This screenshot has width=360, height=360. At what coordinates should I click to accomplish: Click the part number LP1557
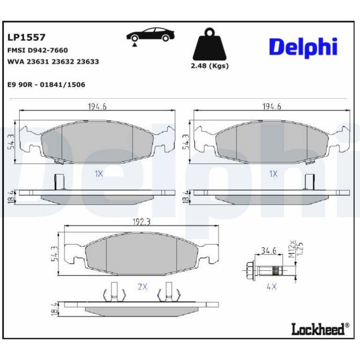[x=26, y=37]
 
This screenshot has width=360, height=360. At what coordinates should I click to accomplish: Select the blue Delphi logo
[x=303, y=48]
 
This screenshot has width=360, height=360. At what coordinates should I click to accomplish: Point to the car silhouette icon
[x=151, y=35]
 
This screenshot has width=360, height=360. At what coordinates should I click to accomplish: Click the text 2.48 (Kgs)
[x=209, y=66]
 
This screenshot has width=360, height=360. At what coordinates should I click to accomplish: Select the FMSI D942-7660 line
[x=38, y=50]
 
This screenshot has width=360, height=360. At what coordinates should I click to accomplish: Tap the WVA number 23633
[x=87, y=62]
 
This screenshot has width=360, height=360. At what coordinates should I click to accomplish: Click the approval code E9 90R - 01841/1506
[x=46, y=85]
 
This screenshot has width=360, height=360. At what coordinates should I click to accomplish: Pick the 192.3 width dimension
[x=141, y=222]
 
